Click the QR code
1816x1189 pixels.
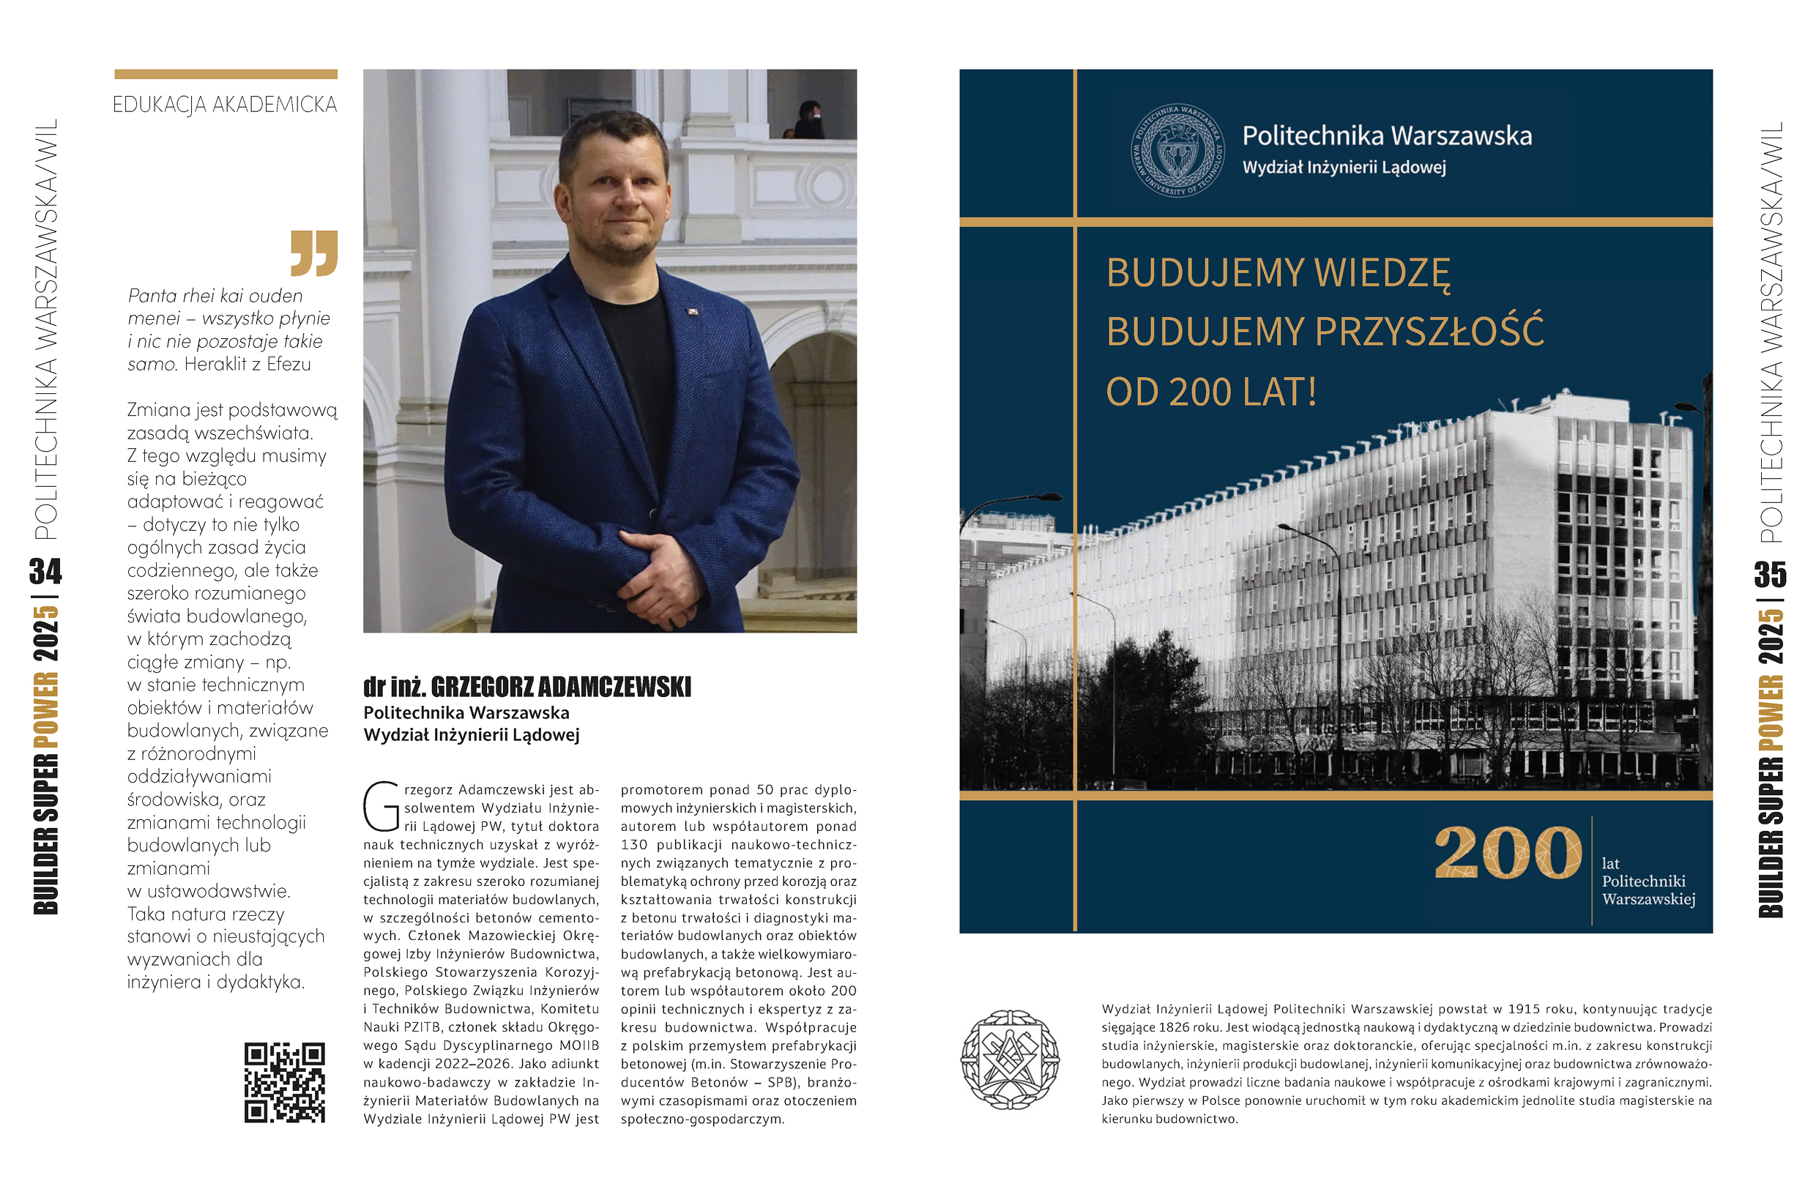285,1082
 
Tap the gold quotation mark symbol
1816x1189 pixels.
313,253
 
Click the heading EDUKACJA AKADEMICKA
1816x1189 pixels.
225,105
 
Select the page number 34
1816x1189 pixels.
46,571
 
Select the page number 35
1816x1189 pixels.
1770,574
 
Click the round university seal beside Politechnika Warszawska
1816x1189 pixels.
1177,150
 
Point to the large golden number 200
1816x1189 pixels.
1508,854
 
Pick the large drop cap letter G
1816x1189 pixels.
381,807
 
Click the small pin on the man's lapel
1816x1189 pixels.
692,311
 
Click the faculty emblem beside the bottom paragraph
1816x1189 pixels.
1010,1059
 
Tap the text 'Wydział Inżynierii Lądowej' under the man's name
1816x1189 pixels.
471,735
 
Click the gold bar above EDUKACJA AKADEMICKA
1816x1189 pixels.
226,75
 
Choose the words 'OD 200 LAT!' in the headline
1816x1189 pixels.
1211,392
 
